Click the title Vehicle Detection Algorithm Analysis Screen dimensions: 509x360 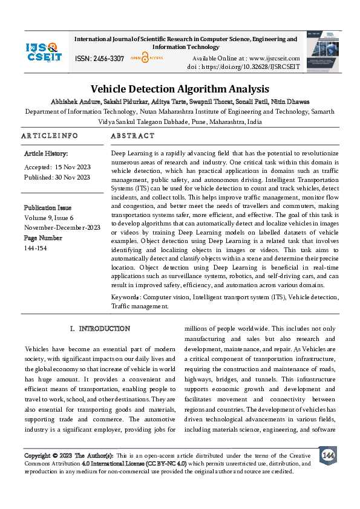click(180, 89)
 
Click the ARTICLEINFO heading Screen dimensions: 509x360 click(49, 136)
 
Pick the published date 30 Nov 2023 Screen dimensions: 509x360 click(72, 177)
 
